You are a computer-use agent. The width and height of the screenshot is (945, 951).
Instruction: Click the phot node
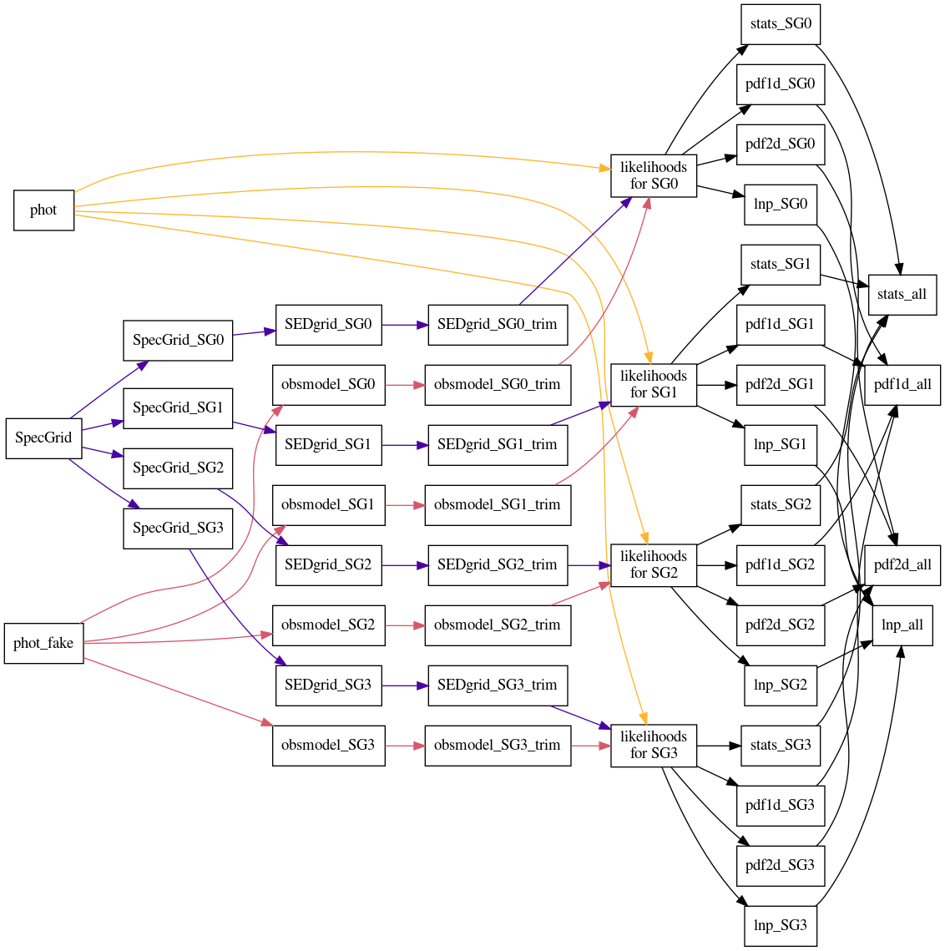click(43, 210)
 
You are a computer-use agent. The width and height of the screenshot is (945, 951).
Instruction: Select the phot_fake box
click(43, 643)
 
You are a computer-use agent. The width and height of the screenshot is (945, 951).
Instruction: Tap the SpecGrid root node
click(43, 438)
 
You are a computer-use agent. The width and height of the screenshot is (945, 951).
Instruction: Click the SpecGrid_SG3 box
click(178, 528)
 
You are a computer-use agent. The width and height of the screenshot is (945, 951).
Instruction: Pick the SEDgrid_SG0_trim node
click(497, 324)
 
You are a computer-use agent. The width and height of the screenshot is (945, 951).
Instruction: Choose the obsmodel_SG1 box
click(328, 504)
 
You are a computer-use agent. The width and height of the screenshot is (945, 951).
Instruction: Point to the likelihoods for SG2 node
click(654, 564)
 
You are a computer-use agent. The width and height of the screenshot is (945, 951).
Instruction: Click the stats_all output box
click(902, 294)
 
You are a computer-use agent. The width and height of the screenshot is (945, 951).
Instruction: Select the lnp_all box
click(902, 625)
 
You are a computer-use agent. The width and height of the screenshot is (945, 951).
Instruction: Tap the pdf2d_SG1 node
click(780, 384)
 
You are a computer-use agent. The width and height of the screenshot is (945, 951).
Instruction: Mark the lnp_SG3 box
click(780, 925)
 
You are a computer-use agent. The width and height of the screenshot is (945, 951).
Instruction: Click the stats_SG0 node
click(780, 23)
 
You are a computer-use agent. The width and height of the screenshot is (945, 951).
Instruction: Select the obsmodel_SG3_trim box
click(497, 745)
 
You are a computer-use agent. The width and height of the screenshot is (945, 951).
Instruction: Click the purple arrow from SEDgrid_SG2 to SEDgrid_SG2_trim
click(405, 565)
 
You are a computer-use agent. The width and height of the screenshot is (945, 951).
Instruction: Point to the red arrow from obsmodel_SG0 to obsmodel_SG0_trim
click(405, 385)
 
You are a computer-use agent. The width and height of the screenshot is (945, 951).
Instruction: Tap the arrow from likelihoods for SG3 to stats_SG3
click(718, 746)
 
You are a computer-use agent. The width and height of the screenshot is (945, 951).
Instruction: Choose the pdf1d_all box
click(902, 384)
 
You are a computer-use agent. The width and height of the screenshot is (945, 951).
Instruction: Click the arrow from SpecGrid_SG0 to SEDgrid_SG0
click(254, 333)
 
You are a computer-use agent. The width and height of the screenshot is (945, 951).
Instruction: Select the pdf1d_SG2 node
click(780, 564)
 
